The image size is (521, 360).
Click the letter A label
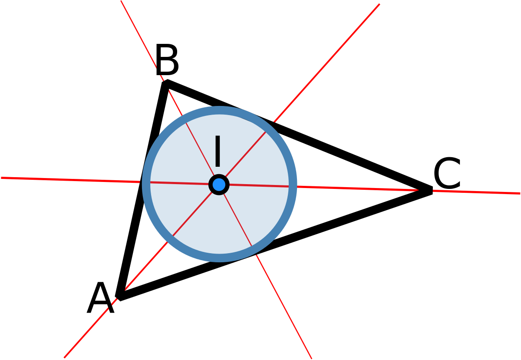(100, 298)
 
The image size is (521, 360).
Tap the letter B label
(167, 60)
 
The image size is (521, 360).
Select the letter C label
(447, 173)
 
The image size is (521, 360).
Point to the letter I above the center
(218, 151)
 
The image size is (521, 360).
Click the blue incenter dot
(219, 185)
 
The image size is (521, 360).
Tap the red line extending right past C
(476, 192)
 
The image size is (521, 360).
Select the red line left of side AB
(71, 180)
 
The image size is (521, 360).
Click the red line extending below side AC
(284, 307)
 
